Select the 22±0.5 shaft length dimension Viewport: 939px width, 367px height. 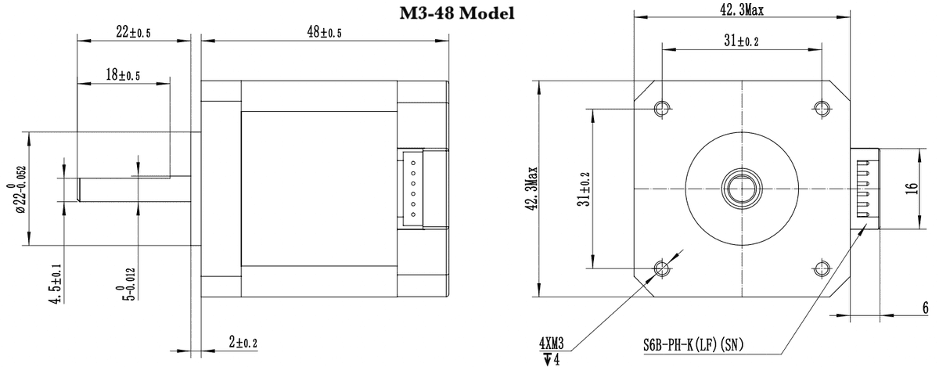tap(133, 32)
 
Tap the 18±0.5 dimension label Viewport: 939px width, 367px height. tap(123, 75)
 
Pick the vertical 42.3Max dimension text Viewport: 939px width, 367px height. tap(531, 188)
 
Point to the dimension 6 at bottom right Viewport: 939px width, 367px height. tap(926, 308)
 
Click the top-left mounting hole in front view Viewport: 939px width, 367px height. tap(662, 107)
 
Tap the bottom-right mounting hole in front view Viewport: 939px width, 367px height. tap(822, 269)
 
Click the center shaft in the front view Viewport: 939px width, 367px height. tap(741, 188)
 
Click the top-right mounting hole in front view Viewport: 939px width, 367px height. tap(822, 107)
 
